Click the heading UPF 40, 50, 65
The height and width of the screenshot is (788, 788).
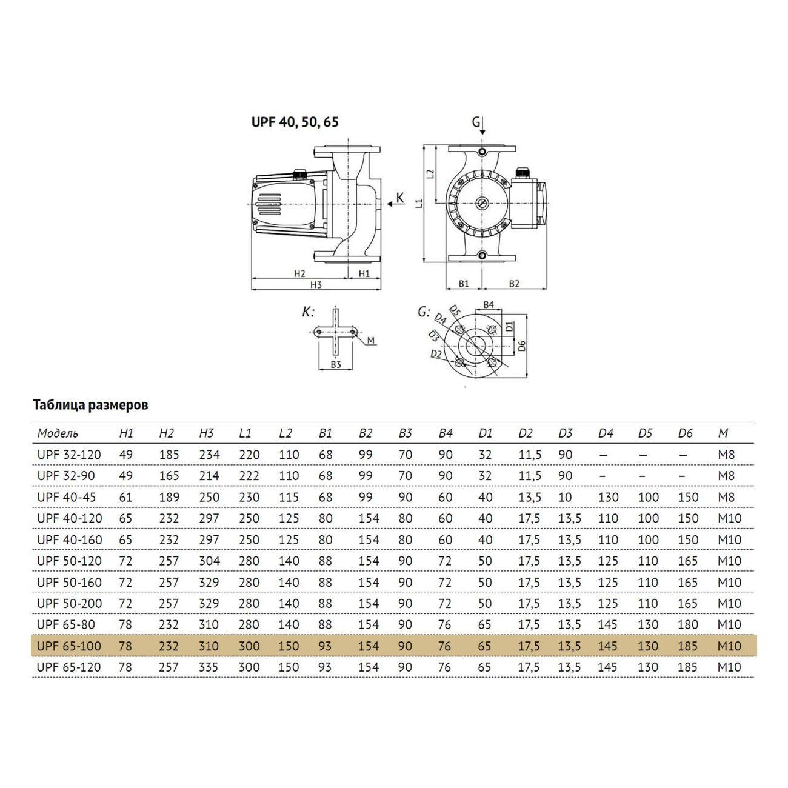coord(295,122)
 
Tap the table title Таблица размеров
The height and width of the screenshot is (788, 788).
coord(90,405)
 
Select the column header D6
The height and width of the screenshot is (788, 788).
coord(685,433)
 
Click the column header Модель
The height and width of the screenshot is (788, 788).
coord(58,433)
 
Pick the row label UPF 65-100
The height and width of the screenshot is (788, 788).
coord(69,646)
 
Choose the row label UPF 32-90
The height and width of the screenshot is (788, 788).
coord(65,476)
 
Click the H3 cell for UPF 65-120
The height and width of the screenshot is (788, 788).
coord(209,667)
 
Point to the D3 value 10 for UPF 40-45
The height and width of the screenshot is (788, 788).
coord(565,497)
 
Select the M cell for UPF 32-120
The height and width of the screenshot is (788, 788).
coord(726,455)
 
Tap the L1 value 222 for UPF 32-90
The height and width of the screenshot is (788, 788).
coord(249,476)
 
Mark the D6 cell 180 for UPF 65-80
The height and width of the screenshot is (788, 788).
coord(687,625)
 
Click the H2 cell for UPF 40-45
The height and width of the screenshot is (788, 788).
coord(169,497)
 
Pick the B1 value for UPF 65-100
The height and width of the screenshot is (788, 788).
coord(325,646)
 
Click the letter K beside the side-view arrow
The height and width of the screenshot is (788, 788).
coord(399,197)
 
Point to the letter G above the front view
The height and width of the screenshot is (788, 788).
coord(475,122)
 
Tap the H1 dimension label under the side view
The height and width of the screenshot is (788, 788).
coord(364,273)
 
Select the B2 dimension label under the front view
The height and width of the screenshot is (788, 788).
coord(514,283)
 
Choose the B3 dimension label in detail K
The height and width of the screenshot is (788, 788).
coord(336,364)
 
